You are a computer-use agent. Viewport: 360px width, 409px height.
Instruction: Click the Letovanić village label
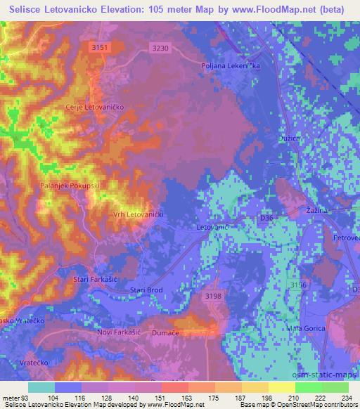210,228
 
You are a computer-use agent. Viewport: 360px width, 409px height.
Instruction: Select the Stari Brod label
147,290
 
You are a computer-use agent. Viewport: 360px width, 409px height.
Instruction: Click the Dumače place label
167,335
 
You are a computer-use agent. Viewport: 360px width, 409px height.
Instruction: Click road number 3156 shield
300,285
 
